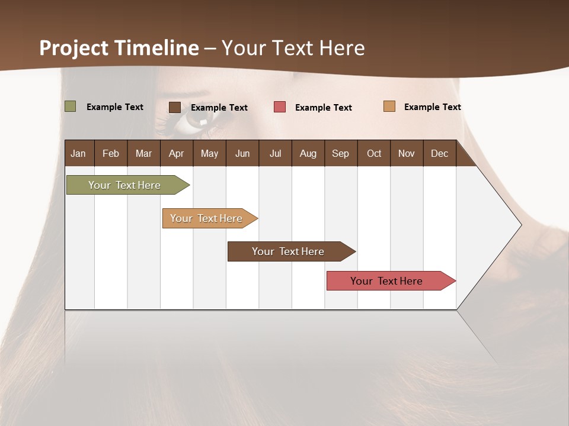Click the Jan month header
pyautogui.click(x=78, y=153)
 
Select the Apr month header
pyautogui.click(x=176, y=153)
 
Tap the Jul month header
pyautogui.click(x=275, y=153)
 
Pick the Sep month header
pyautogui.click(x=340, y=153)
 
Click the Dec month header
pyautogui.click(x=439, y=153)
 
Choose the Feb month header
pyautogui.click(x=111, y=153)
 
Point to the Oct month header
pyautogui.click(x=374, y=153)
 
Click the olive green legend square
pyautogui.click(x=70, y=106)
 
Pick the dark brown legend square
pyautogui.click(x=175, y=107)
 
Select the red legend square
pyautogui.click(x=280, y=107)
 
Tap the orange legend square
pyautogui.click(x=389, y=106)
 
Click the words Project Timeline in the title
pyautogui.click(x=119, y=48)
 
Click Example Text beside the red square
pyautogui.click(x=323, y=108)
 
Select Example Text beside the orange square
pyautogui.click(x=432, y=107)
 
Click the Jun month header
pyautogui.click(x=242, y=153)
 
